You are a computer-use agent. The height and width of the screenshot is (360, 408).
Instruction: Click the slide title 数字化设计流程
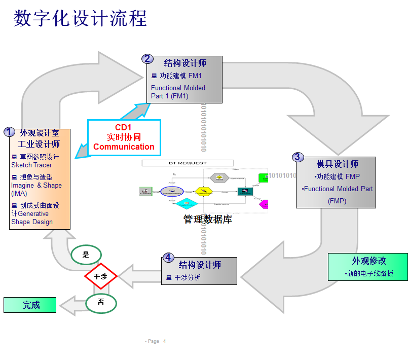pyautogui.click(x=80, y=18)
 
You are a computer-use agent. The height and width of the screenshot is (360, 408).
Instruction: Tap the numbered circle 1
pyautogui.click(x=9, y=132)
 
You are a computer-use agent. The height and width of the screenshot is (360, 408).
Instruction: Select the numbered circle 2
pyautogui.click(x=147, y=58)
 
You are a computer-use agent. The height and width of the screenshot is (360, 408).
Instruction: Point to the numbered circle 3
pyautogui.click(x=298, y=157)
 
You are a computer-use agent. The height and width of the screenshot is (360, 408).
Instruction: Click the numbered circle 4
pyautogui.click(x=168, y=258)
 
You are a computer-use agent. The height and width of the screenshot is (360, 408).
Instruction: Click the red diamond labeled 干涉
pyautogui.click(x=100, y=276)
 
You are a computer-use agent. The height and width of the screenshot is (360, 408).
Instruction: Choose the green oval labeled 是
pyautogui.click(x=86, y=255)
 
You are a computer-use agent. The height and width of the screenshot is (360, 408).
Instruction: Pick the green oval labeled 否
pyautogui.click(x=101, y=302)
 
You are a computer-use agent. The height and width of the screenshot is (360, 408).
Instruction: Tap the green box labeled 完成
pyautogui.click(x=30, y=305)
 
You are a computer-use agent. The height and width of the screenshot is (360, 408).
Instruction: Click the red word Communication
pyautogui.click(x=124, y=147)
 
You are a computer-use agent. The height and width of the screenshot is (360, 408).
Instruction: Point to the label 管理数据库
pyautogui.click(x=207, y=219)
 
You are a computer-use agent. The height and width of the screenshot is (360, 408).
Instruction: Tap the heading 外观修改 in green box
pyautogui.click(x=369, y=261)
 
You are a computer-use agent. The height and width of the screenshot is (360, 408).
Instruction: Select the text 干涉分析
pyautogui.click(x=188, y=277)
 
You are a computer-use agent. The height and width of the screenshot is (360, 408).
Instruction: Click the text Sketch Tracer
pyautogui.click(x=31, y=165)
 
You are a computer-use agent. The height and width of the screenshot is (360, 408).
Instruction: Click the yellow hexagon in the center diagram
pyautogui.click(x=204, y=192)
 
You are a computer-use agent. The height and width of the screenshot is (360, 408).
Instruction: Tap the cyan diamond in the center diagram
pyautogui.click(x=186, y=203)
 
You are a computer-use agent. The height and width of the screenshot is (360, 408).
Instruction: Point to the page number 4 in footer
pyautogui.click(x=164, y=341)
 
